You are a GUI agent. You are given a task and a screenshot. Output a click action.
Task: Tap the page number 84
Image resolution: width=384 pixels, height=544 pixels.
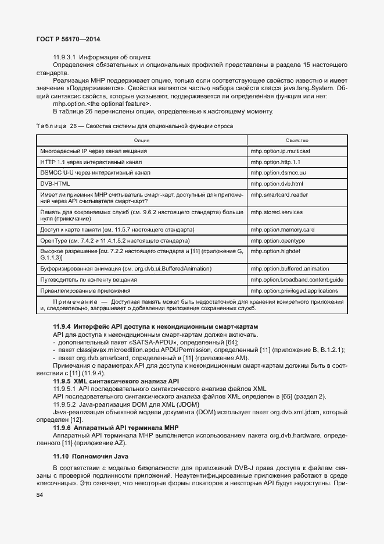click(40, 495)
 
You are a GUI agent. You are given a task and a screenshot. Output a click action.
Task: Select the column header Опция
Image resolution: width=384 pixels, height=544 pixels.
click(142, 140)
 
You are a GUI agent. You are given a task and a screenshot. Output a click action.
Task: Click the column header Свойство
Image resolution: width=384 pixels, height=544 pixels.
click(297, 140)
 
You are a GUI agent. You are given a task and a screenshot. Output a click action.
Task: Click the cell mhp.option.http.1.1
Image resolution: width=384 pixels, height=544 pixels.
click(275, 162)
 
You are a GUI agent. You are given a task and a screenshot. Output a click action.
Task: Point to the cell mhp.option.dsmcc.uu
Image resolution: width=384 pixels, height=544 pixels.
click(278, 173)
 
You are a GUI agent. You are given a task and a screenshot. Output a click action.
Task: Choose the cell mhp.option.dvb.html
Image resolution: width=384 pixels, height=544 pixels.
click(277, 184)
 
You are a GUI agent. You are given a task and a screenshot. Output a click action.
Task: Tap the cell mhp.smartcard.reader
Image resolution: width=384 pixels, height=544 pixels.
click(279, 195)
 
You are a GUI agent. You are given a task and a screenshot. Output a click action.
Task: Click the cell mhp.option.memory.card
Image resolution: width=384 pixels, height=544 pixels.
click(282, 229)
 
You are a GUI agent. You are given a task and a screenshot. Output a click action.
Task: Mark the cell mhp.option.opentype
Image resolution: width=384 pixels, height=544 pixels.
click(278, 240)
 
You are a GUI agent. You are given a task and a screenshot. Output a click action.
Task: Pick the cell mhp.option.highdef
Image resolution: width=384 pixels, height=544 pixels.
click(275, 251)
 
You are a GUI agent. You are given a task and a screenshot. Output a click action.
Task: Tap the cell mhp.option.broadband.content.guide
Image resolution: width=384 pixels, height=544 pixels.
click(297, 280)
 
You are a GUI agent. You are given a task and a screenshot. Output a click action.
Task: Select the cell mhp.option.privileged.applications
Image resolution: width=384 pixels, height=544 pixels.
click(294, 290)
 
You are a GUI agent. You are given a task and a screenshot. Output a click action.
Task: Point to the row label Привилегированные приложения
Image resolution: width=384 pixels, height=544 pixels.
click(85, 290)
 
